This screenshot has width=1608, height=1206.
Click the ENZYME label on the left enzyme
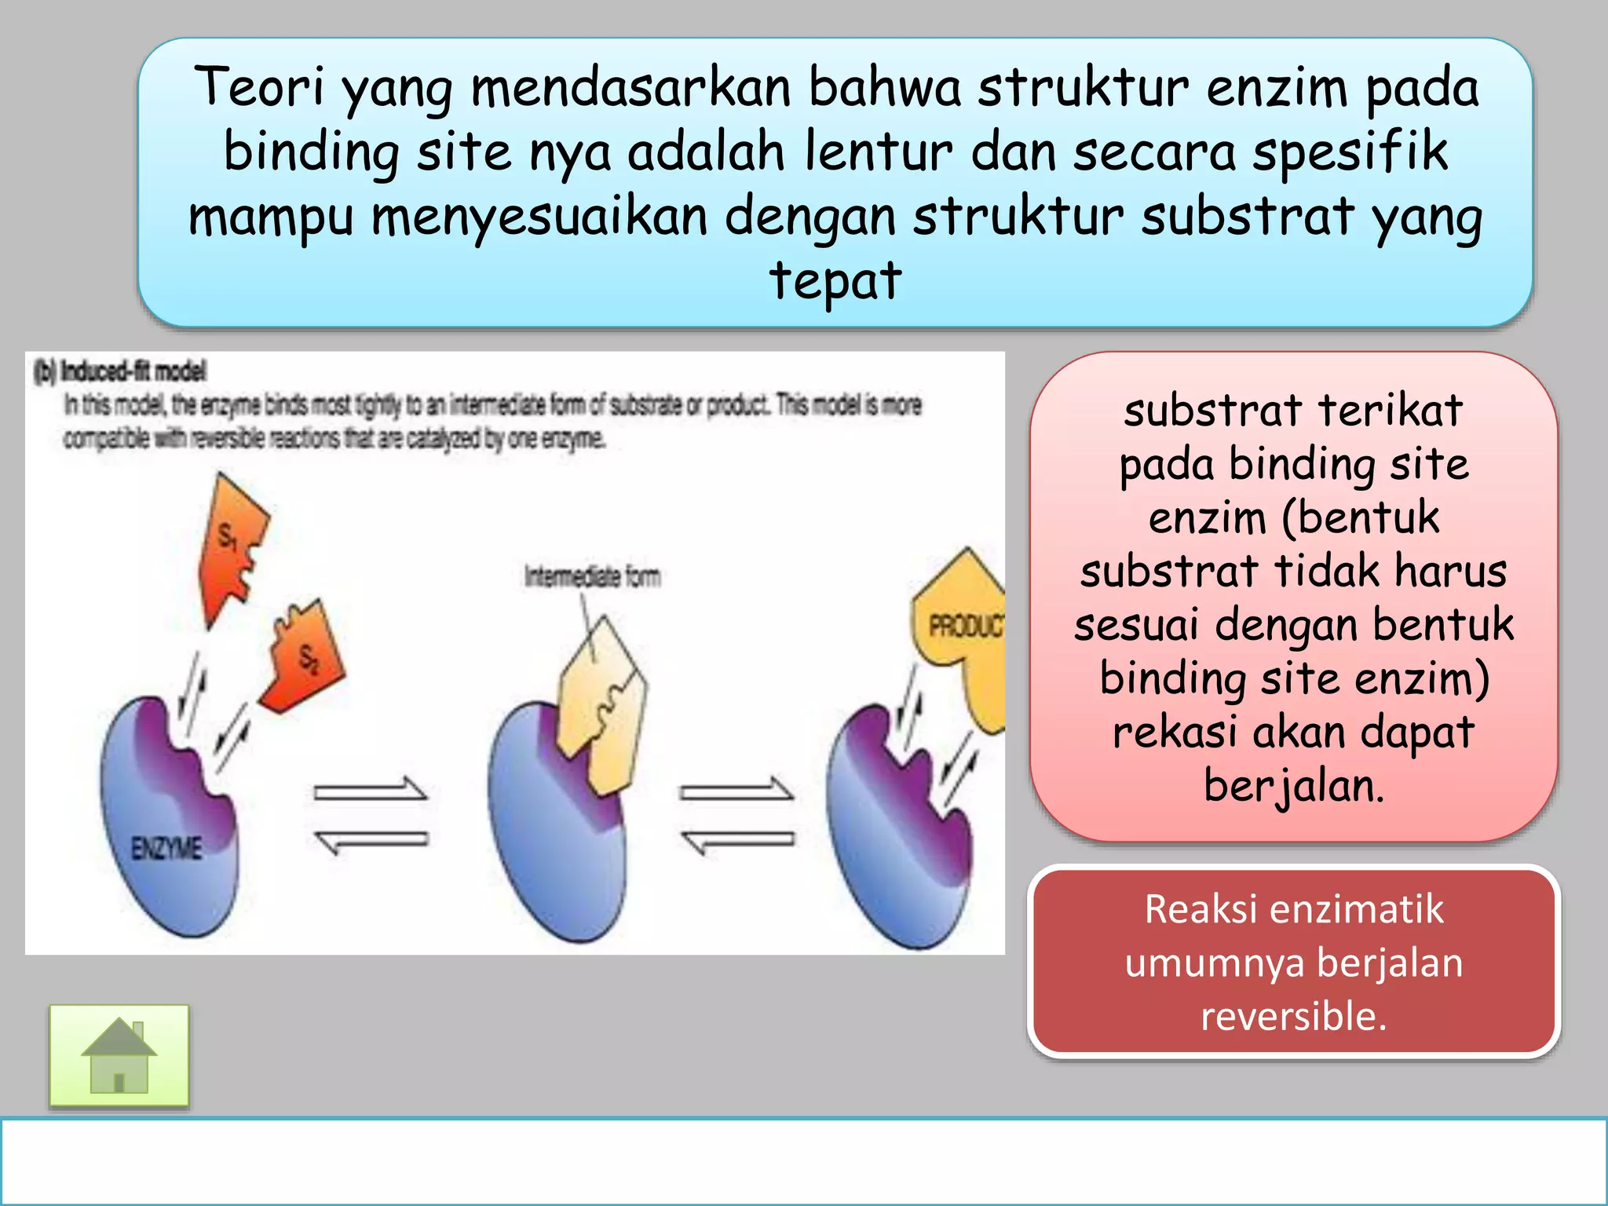point(166,848)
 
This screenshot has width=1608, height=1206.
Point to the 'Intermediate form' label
point(592,577)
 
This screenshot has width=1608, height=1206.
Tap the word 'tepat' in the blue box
point(835,280)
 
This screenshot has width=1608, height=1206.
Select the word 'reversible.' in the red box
point(1294,1016)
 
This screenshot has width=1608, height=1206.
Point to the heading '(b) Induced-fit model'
point(121,371)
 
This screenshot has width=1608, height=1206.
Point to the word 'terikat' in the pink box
point(1390,410)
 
